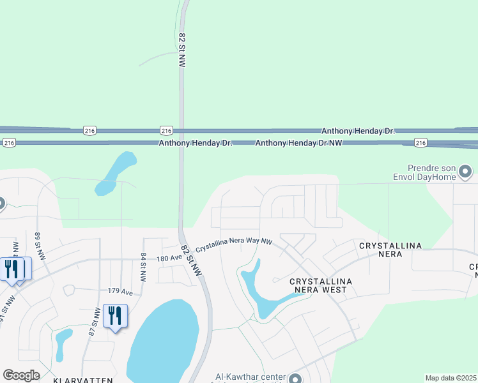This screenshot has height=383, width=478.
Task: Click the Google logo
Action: pyautogui.click(x=21, y=375)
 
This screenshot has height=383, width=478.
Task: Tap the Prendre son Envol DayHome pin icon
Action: pyautogui.click(x=465, y=171)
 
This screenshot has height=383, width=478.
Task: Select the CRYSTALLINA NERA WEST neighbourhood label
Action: pyautogui.click(x=318, y=285)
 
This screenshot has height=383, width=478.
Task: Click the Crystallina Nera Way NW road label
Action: pyautogui.click(x=234, y=245)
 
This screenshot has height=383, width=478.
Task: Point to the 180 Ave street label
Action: pyautogui.click(x=169, y=257)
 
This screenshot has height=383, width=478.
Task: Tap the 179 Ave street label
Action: pyautogui.click(x=120, y=291)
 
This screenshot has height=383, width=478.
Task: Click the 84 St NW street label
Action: pyautogui.click(x=143, y=267)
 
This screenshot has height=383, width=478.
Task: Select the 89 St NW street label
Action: pyautogui.click(x=38, y=246)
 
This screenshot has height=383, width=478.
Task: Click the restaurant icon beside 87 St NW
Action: pyautogui.click(x=115, y=315)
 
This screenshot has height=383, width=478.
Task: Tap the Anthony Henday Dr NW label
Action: pyautogui.click(x=298, y=144)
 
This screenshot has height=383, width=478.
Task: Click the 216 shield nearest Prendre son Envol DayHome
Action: pyautogui.click(x=420, y=142)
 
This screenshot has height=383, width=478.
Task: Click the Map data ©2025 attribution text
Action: pyautogui.click(x=451, y=378)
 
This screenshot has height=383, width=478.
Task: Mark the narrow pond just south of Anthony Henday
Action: pyautogui.click(x=116, y=173)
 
